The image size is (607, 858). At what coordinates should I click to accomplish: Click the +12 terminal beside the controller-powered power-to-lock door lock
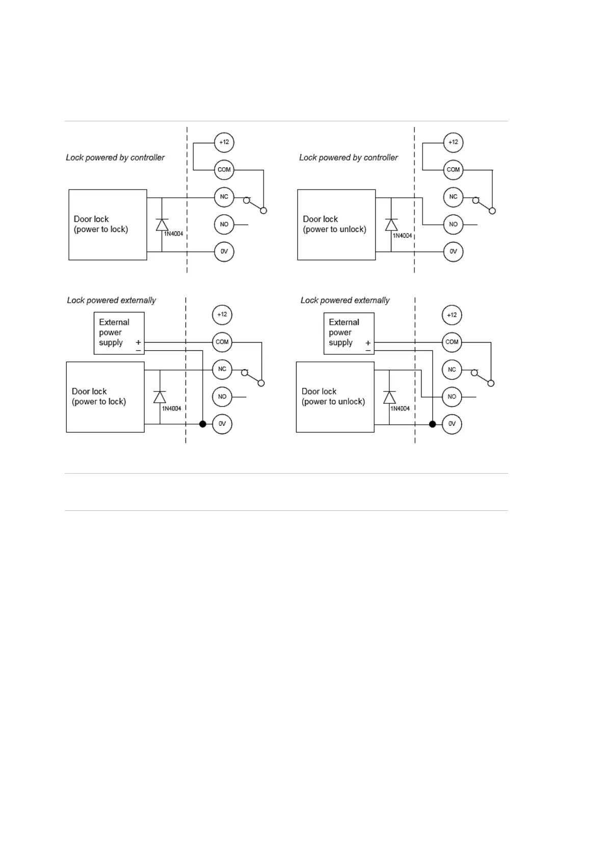(224, 142)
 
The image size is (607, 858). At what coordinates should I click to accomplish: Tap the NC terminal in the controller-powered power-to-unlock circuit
(453, 197)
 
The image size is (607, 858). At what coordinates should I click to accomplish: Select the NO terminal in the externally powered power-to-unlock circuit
(452, 397)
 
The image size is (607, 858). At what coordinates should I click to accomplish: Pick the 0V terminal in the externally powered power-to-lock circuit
(222, 424)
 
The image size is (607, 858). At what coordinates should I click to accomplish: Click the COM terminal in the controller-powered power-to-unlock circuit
(453, 170)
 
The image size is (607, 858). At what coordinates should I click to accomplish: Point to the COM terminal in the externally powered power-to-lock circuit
(222, 342)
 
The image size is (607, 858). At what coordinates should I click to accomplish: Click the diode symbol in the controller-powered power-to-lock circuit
(162, 225)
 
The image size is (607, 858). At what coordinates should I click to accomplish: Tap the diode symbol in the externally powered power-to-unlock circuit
(389, 397)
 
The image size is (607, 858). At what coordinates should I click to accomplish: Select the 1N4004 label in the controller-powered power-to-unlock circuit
(402, 236)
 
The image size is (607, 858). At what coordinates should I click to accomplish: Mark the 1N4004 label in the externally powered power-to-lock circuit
(171, 408)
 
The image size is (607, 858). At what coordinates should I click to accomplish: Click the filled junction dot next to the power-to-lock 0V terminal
(203, 424)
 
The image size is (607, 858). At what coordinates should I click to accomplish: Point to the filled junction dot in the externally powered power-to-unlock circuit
(433, 424)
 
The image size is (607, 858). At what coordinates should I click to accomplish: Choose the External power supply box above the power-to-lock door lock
(119, 333)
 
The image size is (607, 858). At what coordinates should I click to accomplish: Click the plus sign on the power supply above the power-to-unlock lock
(368, 343)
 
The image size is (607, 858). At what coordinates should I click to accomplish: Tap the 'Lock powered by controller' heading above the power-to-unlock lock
(348, 158)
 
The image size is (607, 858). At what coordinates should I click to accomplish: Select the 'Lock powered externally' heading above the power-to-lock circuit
(111, 300)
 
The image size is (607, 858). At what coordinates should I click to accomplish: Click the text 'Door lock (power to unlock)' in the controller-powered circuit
(334, 224)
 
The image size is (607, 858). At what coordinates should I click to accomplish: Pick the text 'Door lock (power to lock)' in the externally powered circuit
(99, 397)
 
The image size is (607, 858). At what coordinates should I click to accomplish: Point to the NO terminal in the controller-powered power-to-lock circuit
(224, 224)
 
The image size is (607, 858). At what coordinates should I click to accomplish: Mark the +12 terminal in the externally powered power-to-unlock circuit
(452, 315)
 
